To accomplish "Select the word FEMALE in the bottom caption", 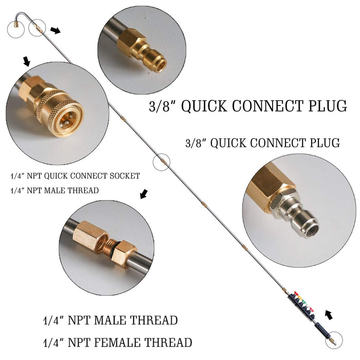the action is pyautogui.click(x=118, y=343).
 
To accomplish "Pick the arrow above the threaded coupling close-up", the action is pyautogui.click(x=144, y=194).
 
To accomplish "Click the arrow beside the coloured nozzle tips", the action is pyautogui.click(x=329, y=315).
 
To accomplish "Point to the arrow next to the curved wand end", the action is pyautogui.click(x=56, y=30).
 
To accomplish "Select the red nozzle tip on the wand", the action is pyautogui.click(x=297, y=294).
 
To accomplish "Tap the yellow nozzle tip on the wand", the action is pyautogui.click(x=300, y=298).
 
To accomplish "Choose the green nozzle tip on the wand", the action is pyautogui.click(x=303, y=302).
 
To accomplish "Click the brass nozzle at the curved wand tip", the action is pyautogui.click(x=16, y=25).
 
